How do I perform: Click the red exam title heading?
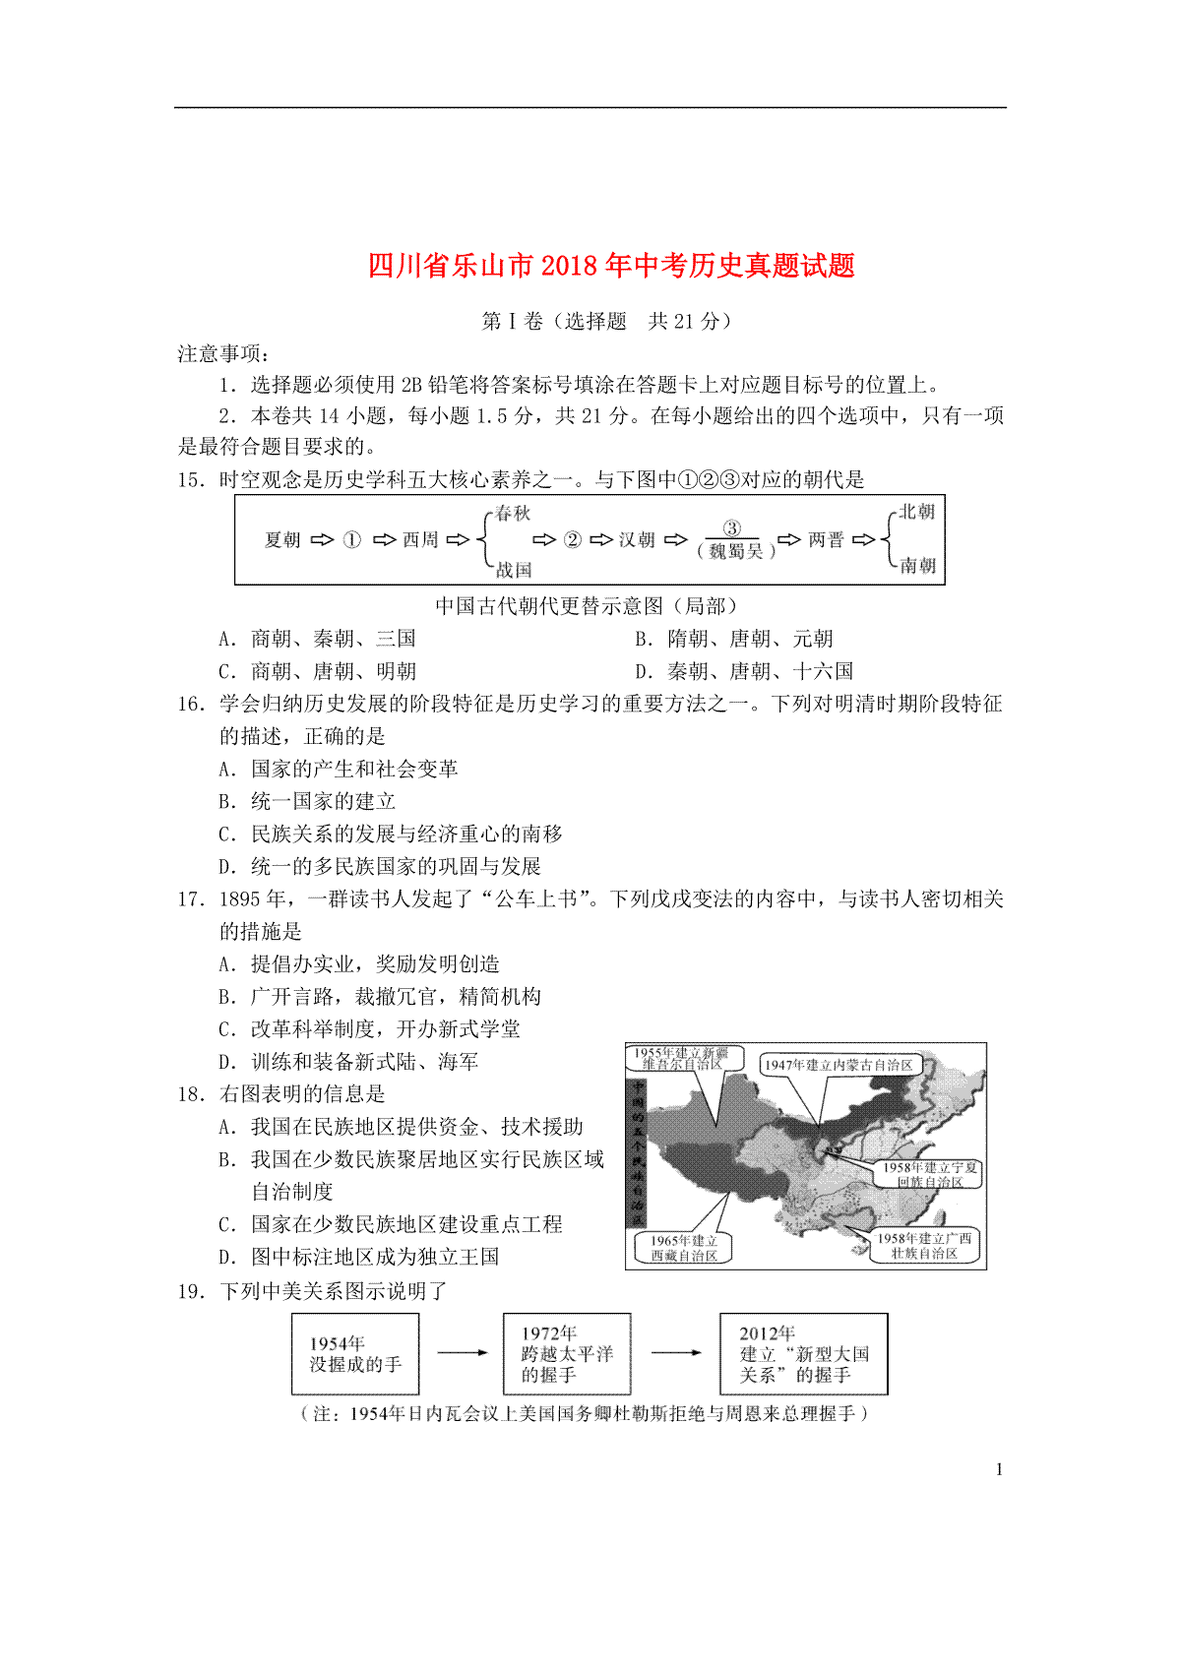[x=611, y=266]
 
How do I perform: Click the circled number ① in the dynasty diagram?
[x=351, y=540]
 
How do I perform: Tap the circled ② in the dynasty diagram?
[x=572, y=540]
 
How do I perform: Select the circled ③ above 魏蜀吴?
[x=731, y=528]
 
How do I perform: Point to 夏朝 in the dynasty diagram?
[x=282, y=540]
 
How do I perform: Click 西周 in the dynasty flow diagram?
[x=420, y=540]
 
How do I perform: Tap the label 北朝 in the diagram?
[x=916, y=512]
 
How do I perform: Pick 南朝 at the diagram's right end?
[x=916, y=566]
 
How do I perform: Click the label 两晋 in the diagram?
[x=826, y=540]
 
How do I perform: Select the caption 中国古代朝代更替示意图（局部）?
[x=589, y=606]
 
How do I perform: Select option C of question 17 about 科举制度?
[x=370, y=1029]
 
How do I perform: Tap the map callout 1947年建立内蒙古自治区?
[x=839, y=1065]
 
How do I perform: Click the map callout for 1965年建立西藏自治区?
[x=684, y=1248]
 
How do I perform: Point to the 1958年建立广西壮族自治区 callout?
[x=923, y=1246]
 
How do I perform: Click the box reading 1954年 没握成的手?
[x=355, y=1354]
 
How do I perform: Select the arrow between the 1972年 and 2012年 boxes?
[x=675, y=1353]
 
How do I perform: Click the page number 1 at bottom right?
[x=999, y=1470]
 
